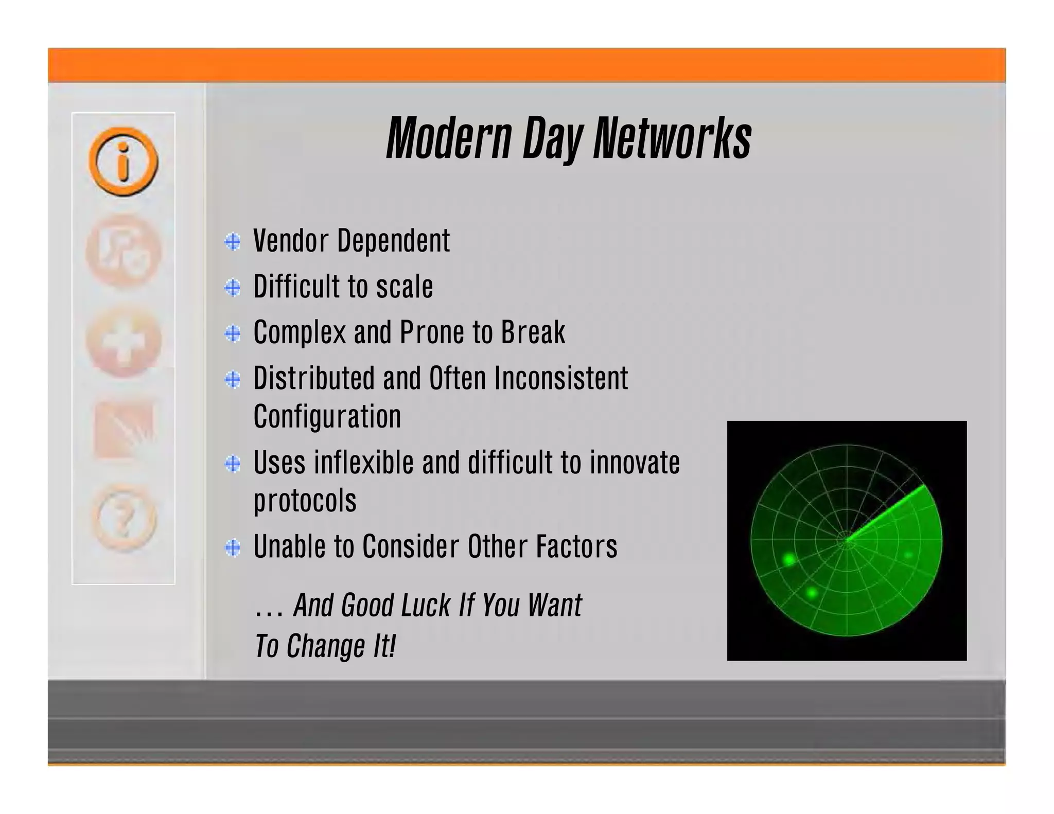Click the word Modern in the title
pyautogui.click(x=449, y=138)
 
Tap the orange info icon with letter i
pyautogui.click(x=123, y=162)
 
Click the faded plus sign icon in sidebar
pyautogui.click(x=124, y=341)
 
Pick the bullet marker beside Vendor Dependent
pyautogui.click(x=233, y=242)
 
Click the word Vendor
pyautogui.click(x=291, y=241)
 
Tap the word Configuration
pyautogui.click(x=327, y=417)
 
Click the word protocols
pyautogui.click(x=305, y=501)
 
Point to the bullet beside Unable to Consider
pyautogui.click(x=233, y=547)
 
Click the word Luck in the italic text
pyautogui.click(x=426, y=605)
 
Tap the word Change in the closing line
pyautogui.click(x=326, y=646)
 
